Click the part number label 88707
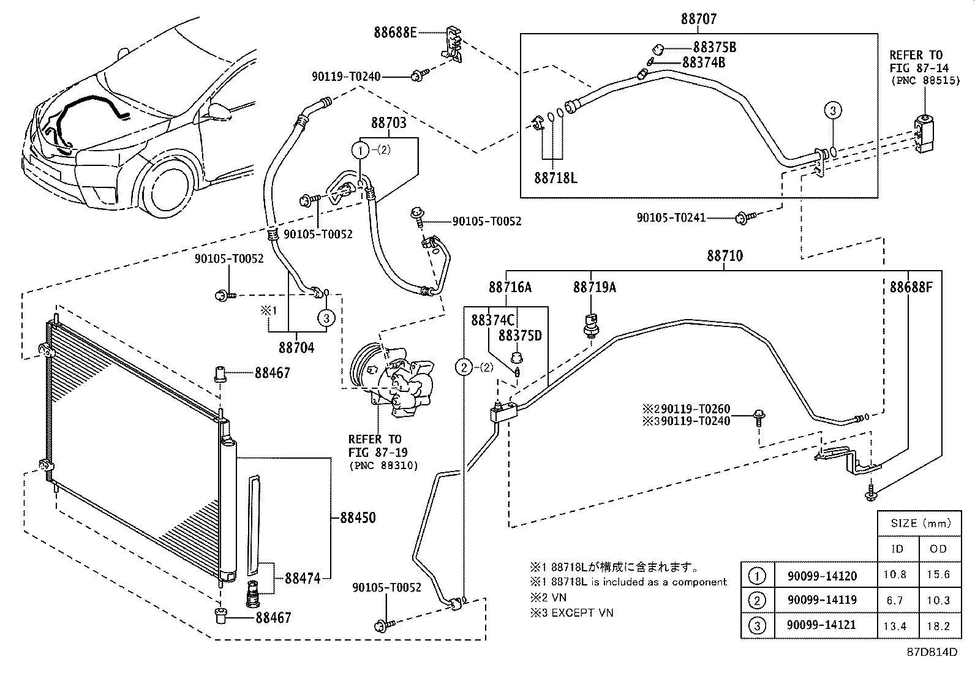(698, 20)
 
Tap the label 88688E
(395, 32)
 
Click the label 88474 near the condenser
(302, 577)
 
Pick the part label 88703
(388, 123)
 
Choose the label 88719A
(594, 287)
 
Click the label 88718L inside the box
(555, 178)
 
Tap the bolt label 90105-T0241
(671, 217)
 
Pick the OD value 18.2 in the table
(938, 625)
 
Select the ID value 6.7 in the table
(895, 601)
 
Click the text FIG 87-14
(916, 67)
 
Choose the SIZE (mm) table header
(920, 524)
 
